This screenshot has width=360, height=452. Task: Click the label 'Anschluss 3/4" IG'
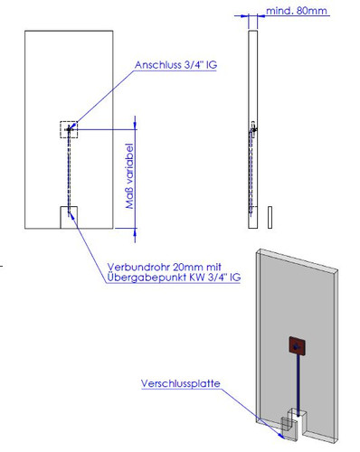point(175,65)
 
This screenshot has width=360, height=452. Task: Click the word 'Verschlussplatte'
point(180,384)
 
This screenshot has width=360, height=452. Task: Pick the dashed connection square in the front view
point(69,130)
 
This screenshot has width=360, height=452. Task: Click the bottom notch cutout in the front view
point(69,217)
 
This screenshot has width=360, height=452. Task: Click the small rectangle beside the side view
point(269,217)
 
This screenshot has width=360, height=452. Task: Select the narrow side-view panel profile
point(252,127)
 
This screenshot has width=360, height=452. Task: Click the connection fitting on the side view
point(252,130)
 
